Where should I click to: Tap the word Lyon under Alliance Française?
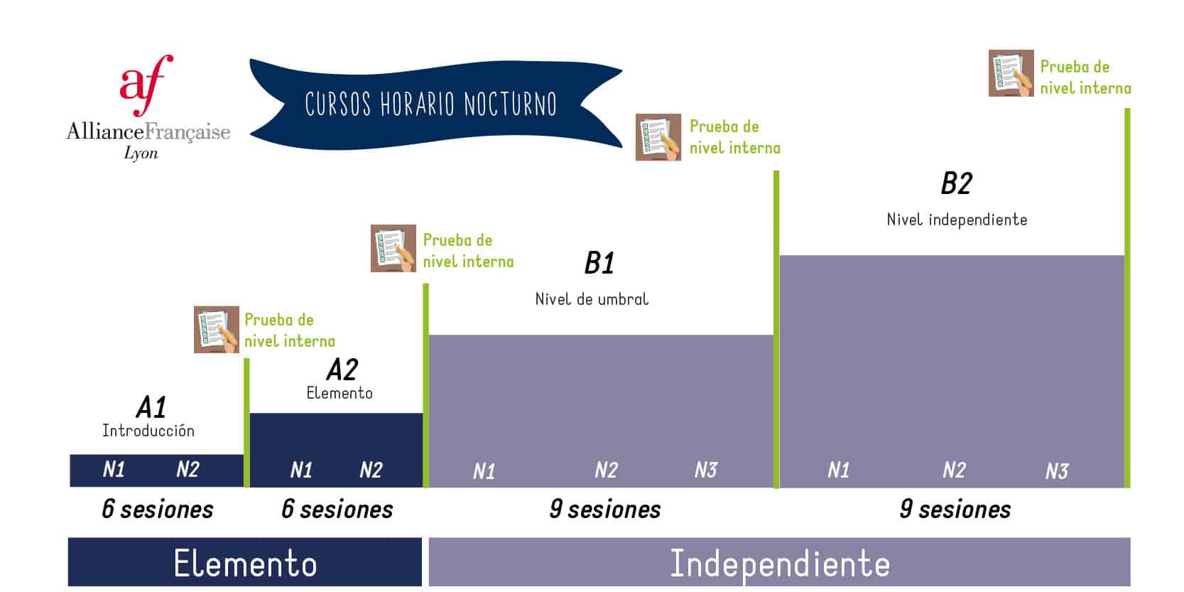tap(141, 154)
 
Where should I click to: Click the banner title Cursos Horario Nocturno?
tap(431, 104)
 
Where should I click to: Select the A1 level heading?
tap(151, 407)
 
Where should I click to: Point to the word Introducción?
tap(148, 431)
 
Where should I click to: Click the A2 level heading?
tap(342, 370)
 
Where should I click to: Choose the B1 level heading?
tap(599, 263)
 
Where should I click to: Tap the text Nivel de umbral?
tap(592, 299)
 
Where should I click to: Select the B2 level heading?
tap(956, 183)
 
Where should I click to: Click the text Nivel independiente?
tap(957, 220)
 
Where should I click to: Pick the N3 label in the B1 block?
tap(706, 470)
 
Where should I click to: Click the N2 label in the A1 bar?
tap(188, 469)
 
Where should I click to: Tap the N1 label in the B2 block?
tap(838, 470)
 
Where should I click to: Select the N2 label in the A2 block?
tap(371, 470)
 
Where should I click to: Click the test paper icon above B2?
tap(1011, 73)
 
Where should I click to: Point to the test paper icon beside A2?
tap(393, 248)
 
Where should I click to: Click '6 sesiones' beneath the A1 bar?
tap(158, 510)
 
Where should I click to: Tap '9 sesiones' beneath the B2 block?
tap(955, 510)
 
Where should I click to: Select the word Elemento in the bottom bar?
tap(245, 564)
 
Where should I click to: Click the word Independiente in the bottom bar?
tap(780, 564)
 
